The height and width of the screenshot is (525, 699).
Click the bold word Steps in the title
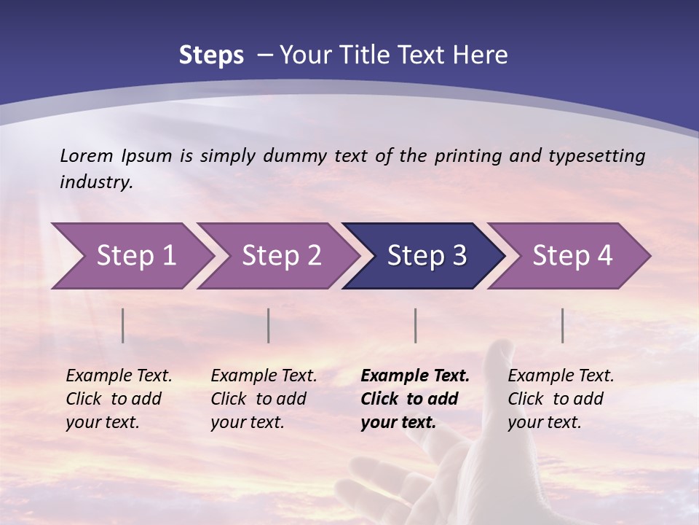coord(211,55)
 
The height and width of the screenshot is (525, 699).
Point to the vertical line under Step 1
coord(123,325)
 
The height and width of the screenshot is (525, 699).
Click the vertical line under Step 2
coord(269,325)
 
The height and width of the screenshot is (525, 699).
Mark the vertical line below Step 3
coord(415,325)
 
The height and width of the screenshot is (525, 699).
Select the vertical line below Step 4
coord(563,325)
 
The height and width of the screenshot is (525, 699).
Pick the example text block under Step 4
coord(561,399)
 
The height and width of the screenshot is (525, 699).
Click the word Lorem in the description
coord(87,155)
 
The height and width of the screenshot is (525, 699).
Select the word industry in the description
coord(96,182)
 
